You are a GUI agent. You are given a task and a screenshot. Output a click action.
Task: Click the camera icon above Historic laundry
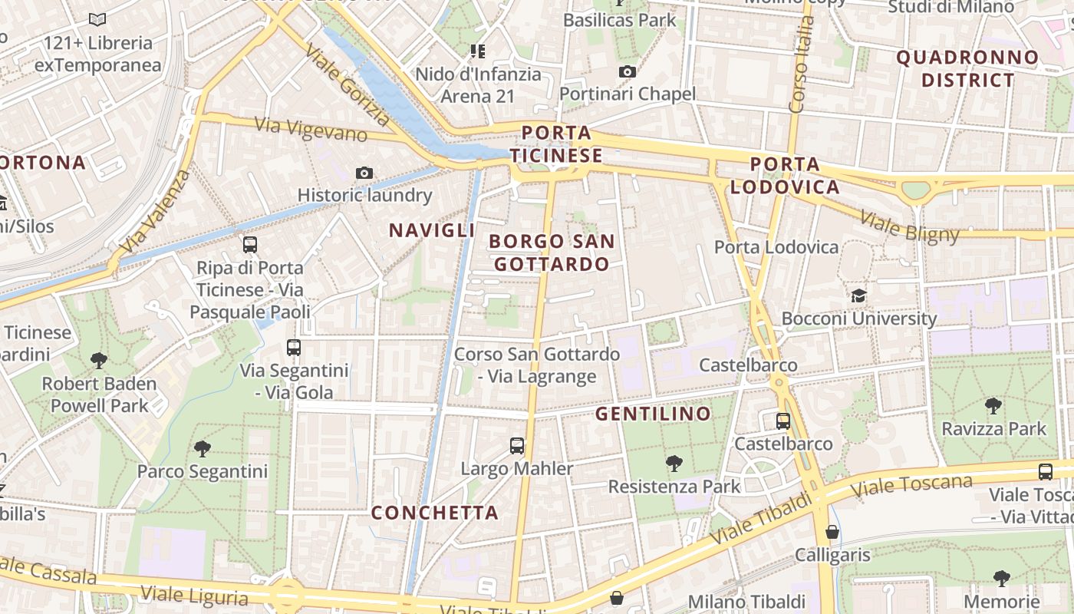click(364, 173)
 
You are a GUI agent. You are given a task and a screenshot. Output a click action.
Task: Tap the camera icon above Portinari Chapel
click(628, 72)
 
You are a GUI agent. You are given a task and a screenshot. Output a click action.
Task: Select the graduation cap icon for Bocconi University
click(858, 296)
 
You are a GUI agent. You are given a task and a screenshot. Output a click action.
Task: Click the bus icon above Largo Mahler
click(517, 446)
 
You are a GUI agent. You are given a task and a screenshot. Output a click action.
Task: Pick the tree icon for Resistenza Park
click(674, 463)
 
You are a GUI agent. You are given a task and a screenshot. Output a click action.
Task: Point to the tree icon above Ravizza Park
click(993, 406)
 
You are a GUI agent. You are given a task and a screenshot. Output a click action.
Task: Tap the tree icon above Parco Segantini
click(203, 448)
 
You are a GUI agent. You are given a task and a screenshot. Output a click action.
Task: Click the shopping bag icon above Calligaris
click(832, 532)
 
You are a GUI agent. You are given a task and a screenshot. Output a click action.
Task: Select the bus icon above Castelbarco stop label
click(782, 421)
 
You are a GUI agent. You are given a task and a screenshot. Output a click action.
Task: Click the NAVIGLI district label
click(432, 230)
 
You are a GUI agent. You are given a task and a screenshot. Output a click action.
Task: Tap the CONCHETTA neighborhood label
click(435, 513)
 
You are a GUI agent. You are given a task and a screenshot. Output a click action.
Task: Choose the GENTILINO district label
click(653, 414)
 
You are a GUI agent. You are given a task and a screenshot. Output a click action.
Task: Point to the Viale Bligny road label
click(909, 225)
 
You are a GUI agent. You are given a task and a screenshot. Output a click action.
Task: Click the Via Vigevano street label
click(311, 129)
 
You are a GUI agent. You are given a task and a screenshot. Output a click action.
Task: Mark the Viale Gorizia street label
click(347, 84)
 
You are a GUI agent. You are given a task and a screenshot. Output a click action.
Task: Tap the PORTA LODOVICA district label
click(785, 176)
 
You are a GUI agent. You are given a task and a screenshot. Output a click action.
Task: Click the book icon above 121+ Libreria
click(97, 20)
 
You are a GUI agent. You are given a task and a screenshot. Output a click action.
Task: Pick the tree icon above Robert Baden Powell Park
click(98, 360)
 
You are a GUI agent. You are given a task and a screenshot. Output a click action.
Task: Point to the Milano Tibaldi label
click(746, 601)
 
